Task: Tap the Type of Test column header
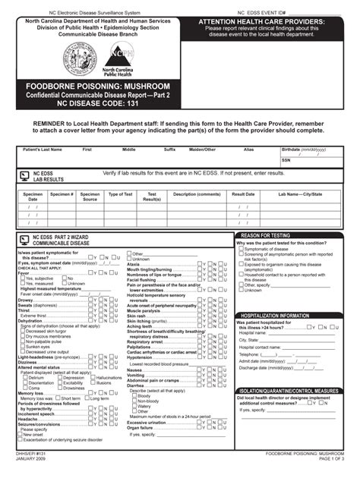pos(120,194)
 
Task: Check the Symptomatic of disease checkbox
pos(241,249)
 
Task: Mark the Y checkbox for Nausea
pos(200,370)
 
